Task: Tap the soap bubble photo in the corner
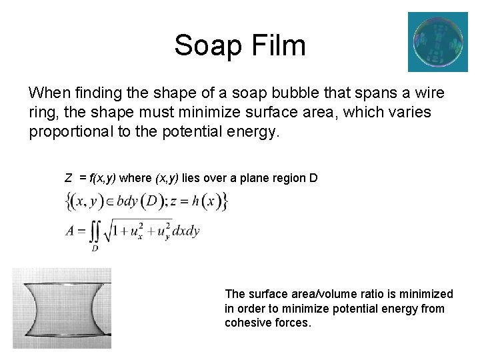[x=437, y=41]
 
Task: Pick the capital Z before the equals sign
[x=68, y=178]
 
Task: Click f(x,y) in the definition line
[x=103, y=178]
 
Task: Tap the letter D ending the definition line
[x=313, y=178]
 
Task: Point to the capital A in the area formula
[x=71, y=231]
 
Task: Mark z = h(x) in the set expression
[x=198, y=200]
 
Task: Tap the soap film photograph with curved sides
[x=62, y=308]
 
